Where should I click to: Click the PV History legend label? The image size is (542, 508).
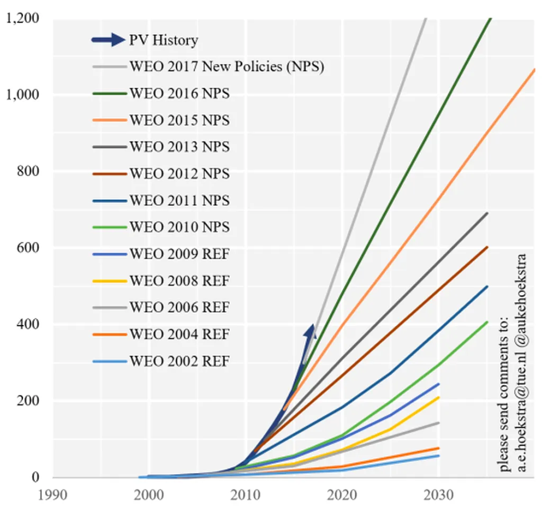point(164,40)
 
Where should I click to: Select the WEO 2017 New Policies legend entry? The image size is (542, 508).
point(226,67)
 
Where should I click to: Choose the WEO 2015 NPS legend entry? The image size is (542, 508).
point(179,120)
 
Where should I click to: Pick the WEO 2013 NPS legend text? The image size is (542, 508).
point(179,147)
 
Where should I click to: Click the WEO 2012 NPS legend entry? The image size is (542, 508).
point(179,174)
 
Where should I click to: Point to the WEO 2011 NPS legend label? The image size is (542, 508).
point(179,201)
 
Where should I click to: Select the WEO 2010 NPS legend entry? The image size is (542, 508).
point(179,227)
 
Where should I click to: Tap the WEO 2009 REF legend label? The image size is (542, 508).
point(179,254)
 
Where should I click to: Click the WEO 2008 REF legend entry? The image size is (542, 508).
point(179,280)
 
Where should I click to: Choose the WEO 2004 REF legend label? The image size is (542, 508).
point(179,334)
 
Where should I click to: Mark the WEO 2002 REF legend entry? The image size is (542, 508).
point(179,361)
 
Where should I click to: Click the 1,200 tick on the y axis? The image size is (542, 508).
point(22,19)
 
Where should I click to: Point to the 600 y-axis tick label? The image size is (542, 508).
point(29,248)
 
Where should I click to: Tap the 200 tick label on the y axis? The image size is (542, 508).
point(29,401)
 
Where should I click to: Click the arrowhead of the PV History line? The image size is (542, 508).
point(311,331)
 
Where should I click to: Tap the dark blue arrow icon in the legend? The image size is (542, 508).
point(109,40)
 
